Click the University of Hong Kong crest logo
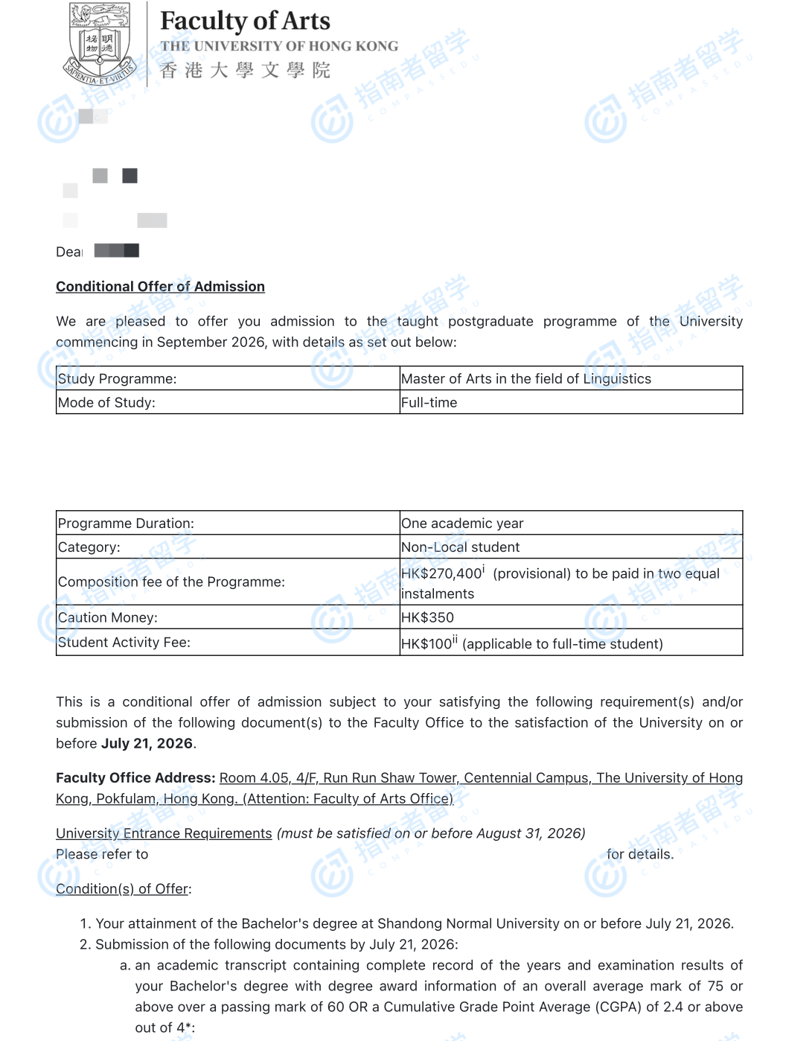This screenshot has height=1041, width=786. click(100, 43)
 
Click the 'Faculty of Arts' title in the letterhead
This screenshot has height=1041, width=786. click(245, 21)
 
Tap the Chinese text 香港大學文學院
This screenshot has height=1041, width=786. click(245, 71)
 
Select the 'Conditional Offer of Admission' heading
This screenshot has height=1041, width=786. click(160, 287)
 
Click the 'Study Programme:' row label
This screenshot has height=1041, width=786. click(118, 379)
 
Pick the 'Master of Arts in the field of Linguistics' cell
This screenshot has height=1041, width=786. click(525, 379)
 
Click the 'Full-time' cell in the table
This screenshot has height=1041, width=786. click(429, 403)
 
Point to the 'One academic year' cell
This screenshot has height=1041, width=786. click(462, 523)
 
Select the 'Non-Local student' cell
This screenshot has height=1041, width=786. click(460, 547)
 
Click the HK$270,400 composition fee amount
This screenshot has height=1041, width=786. click(441, 573)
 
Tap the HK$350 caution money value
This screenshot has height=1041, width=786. click(427, 618)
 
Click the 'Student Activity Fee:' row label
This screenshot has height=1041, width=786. click(124, 643)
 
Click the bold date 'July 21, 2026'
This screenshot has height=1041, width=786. click(147, 744)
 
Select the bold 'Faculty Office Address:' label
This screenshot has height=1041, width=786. click(135, 778)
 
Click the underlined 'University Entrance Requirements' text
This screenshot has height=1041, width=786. click(164, 833)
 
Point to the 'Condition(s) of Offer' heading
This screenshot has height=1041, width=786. click(122, 889)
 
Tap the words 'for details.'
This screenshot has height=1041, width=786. click(640, 854)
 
